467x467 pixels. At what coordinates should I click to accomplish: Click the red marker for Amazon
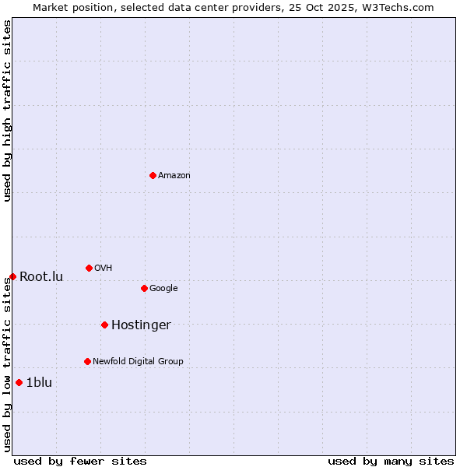153,175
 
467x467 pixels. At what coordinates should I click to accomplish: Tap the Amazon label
174,176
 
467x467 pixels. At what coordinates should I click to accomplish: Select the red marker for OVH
89,268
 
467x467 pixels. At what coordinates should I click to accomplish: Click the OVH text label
104,269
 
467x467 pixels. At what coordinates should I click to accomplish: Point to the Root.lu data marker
12,276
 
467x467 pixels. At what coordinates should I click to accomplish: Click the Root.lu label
41,277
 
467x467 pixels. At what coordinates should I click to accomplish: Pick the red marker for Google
144,288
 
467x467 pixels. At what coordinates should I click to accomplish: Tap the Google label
163,289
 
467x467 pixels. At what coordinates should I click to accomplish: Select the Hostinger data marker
104,325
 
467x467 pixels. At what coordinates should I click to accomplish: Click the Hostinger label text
141,325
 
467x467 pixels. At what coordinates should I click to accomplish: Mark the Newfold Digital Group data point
87,361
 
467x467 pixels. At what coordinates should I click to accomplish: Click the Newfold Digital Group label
138,362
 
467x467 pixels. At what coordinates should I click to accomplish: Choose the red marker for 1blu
19,382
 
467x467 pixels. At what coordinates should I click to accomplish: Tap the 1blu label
39,383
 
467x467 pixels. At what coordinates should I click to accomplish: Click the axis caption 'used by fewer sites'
80,461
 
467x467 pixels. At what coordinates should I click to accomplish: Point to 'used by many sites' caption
391,461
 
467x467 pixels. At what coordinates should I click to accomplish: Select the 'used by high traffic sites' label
7,111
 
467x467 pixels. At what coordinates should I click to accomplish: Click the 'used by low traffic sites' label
7,364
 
